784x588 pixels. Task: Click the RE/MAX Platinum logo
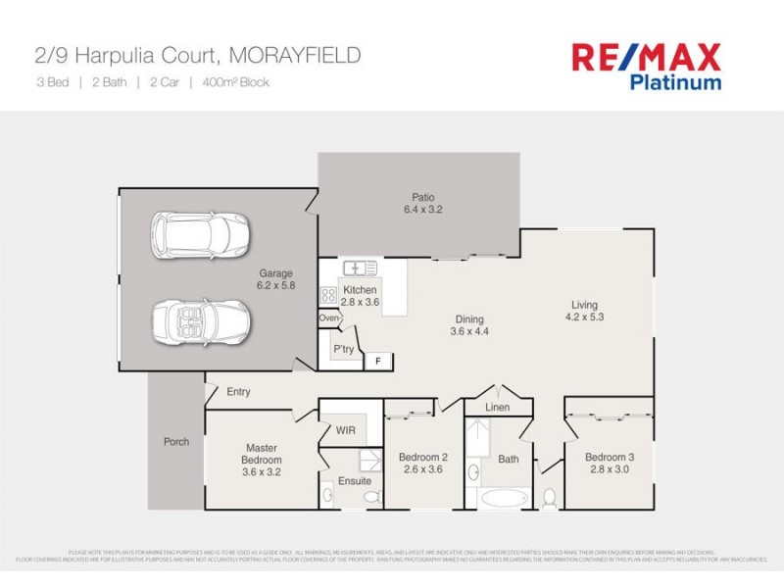click(646, 66)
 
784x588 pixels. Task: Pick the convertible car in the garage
click(201, 319)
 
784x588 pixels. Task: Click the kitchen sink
click(360, 268)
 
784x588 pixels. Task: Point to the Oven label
click(329, 318)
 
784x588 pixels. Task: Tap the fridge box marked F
click(377, 362)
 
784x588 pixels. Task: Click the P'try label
click(343, 349)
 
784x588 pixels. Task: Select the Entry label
click(238, 392)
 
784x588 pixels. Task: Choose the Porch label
click(176, 442)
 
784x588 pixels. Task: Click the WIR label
click(344, 429)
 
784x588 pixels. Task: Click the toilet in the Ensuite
click(372, 499)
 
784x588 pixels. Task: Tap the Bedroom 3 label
click(610, 458)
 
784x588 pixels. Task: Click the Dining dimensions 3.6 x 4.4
click(468, 331)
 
